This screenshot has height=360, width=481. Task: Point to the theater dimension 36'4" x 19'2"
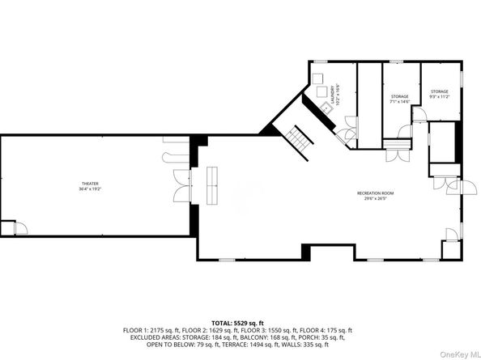pyautogui.click(x=90, y=189)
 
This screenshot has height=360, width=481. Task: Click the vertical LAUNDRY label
pyautogui.click(x=330, y=95)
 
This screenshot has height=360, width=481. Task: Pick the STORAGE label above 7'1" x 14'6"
pyautogui.click(x=399, y=97)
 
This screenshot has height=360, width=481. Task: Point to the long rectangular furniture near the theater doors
pyautogui.click(x=215, y=186)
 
